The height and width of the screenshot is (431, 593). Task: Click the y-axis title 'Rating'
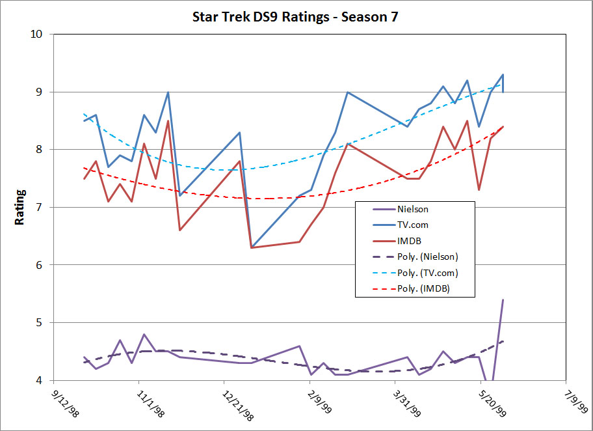(x=20, y=207)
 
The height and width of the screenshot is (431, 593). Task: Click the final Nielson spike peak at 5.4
(x=503, y=300)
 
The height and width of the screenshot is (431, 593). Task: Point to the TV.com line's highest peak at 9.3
(x=503, y=75)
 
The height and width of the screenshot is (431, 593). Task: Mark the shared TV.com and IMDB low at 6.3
(x=252, y=247)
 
